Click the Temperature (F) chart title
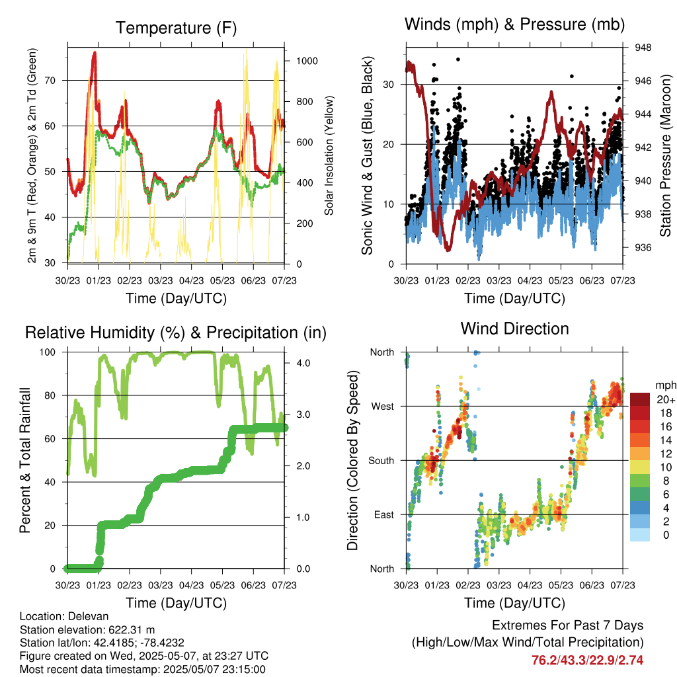click(x=176, y=28)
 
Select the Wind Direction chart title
click(x=514, y=329)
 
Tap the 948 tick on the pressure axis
click(x=643, y=48)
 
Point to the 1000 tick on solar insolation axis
click(x=307, y=61)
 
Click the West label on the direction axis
click(x=383, y=407)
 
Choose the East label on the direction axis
click(x=384, y=514)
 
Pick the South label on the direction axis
click(x=381, y=461)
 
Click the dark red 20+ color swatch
click(x=640, y=399)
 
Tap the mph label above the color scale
click(x=665, y=385)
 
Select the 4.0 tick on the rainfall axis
click(x=303, y=363)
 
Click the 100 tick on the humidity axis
click(x=48, y=352)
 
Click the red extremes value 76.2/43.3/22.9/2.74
click(x=587, y=660)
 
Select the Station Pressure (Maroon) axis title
click(x=665, y=155)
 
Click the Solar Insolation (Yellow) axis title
click(x=329, y=155)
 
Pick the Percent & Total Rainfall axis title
click(x=25, y=460)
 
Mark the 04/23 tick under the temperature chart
click(x=191, y=280)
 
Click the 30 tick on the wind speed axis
click(x=389, y=85)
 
